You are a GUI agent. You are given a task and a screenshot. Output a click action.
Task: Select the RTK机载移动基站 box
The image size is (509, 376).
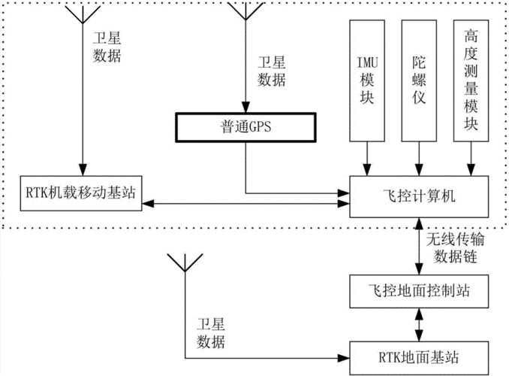[79, 192]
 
